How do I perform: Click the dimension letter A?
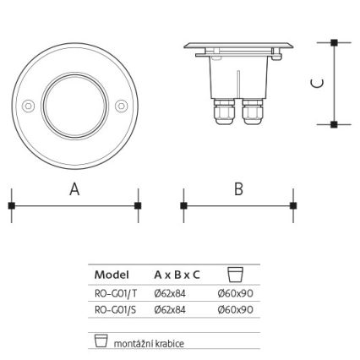[74, 190]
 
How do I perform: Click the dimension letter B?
[238, 189]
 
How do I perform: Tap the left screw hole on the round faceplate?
[27, 106]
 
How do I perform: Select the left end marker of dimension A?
[11, 205]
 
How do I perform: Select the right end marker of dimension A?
[139, 205]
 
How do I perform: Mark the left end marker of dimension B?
[183, 205]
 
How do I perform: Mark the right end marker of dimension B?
[293, 205]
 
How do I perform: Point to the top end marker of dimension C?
[335, 42]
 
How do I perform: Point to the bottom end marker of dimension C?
[335, 124]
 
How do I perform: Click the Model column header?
[112, 275]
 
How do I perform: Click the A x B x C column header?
[177, 275]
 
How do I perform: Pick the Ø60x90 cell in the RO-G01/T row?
[235, 293]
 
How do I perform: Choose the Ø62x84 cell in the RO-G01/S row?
[172, 309]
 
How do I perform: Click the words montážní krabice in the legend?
[149, 344]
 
